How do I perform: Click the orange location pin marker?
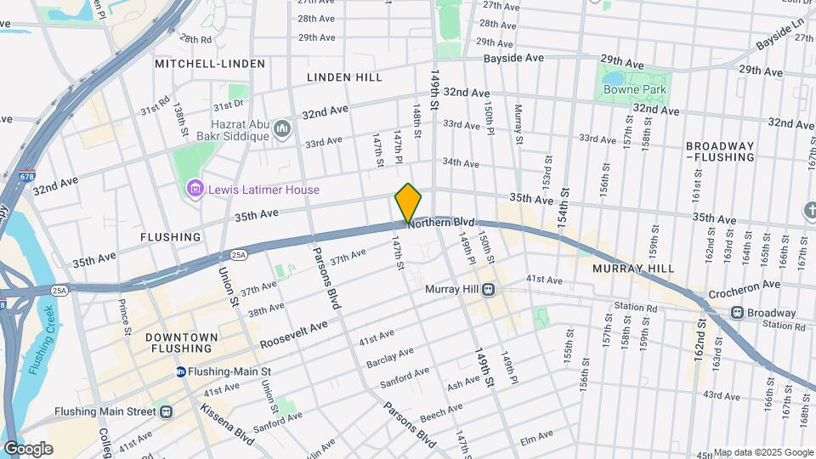[408, 202]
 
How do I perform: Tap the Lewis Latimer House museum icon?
[195, 189]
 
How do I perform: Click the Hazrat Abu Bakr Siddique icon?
[282, 129]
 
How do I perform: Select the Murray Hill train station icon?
[489, 290]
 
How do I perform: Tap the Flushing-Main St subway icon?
[181, 371]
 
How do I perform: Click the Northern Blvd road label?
[440, 222]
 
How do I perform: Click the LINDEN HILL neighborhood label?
[344, 77]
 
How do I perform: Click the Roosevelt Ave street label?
[293, 332]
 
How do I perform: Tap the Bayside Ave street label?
[513, 59]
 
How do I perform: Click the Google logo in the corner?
[28, 448]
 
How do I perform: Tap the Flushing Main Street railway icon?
[166, 411]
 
